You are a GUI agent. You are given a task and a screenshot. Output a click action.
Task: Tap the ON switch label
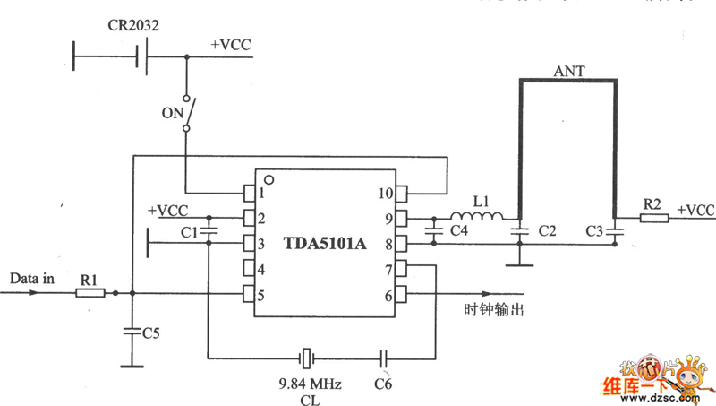click(171, 113)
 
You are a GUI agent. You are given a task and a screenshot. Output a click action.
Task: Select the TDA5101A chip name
click(326, 243)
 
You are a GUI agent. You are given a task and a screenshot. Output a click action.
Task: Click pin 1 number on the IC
click(262, 193)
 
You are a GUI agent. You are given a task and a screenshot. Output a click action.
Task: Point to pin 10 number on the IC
click(385, 193)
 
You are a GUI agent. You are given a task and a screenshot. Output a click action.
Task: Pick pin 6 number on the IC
click(388, 296)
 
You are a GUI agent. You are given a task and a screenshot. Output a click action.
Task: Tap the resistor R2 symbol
click(654, 217)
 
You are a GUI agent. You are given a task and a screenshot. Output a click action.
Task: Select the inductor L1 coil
click(476, 216)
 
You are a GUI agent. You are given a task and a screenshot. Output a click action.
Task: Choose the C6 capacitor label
click(384, 384)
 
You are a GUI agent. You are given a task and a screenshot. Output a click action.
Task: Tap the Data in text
click(32, 279)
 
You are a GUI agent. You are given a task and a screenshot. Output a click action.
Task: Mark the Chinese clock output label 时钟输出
click(493, 311)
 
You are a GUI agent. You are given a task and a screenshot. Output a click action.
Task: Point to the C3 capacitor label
click(592, 231)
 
